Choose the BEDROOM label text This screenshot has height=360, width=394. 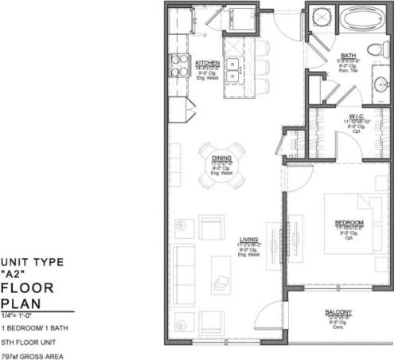tap(349, 221)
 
